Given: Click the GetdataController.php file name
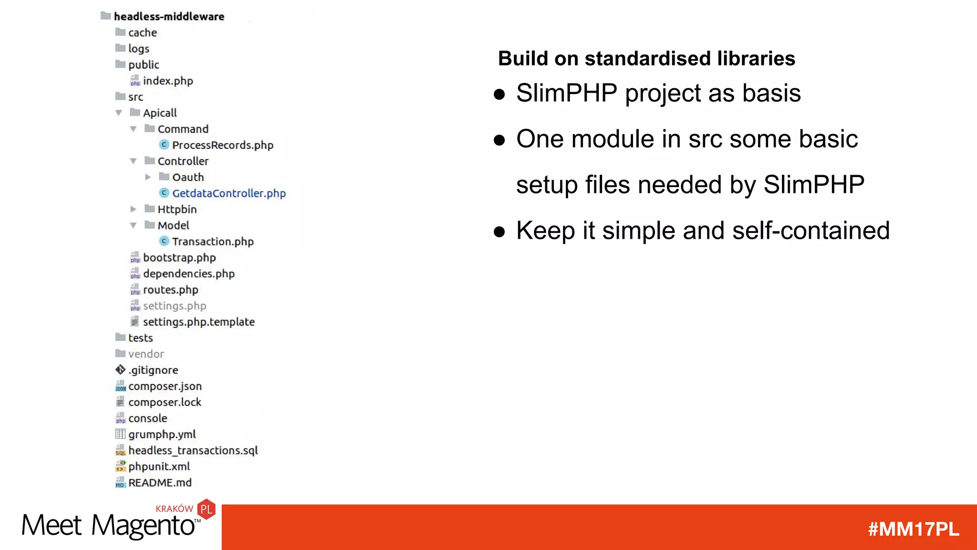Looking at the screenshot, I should click(x=229, y=193).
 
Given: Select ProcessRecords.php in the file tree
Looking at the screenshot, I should click(x=222, y=145).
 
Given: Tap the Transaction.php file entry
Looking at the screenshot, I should click(x=213, y=242).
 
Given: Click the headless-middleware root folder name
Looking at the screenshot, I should click(x=169, y=17).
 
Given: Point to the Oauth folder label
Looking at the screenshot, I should click(x=188, y=178).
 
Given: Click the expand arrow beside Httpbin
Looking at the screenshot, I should click(x=134, y=209).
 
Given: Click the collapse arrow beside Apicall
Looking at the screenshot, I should click(x=119, y=113).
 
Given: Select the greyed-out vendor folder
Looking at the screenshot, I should click(x=146, y=354).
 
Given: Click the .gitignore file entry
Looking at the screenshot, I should click(x=153, y=370).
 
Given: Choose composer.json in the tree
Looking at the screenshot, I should click(x=165, y=386).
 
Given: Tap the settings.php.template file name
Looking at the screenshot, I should click(x=198, y=322).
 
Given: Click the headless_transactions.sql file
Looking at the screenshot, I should click(x=193, y=451).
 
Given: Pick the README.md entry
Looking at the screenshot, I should click(x=160, y=483).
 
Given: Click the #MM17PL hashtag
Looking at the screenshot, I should click(x=913, y=529).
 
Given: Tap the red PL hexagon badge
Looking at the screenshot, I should click(x=207, y=509).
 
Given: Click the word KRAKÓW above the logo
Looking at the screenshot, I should click(x=174, y=509).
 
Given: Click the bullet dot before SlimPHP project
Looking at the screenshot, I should click(x=499, y=94).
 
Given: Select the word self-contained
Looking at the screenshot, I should click(x=811, y=231).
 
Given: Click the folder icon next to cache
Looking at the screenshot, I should click(x=120, y=32).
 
